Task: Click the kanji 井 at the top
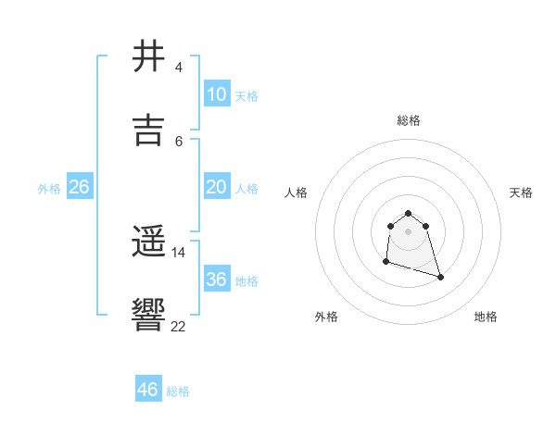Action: click(x=148, y=57)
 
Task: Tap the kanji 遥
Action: click(x=148, y=243)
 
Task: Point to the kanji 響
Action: click(x=148, y=315)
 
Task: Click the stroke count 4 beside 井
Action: click(x=178, y=68)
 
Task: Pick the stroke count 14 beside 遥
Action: click(x=178, y=252)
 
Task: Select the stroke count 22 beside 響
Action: click(x=178, y=325)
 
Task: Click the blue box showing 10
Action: click(x=217, y=94)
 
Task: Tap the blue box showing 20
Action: click(x=217, y=187)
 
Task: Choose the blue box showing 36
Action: click(x=217, y=280)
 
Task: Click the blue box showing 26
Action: click(x=80, y=187)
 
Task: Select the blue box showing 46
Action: click(x=148, y=390)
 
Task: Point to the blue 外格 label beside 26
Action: click(x=49, y=189)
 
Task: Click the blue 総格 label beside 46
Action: click(x=178, y=391)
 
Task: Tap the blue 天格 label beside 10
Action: click(x=246, y=96)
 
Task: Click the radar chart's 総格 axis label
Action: click(x=409, y=120)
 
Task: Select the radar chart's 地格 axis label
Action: click(x=486, y=317)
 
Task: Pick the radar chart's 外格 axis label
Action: click(x=326, y=317)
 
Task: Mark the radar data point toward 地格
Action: click(x=440, y=277)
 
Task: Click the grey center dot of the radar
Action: click(x=409, y=230)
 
